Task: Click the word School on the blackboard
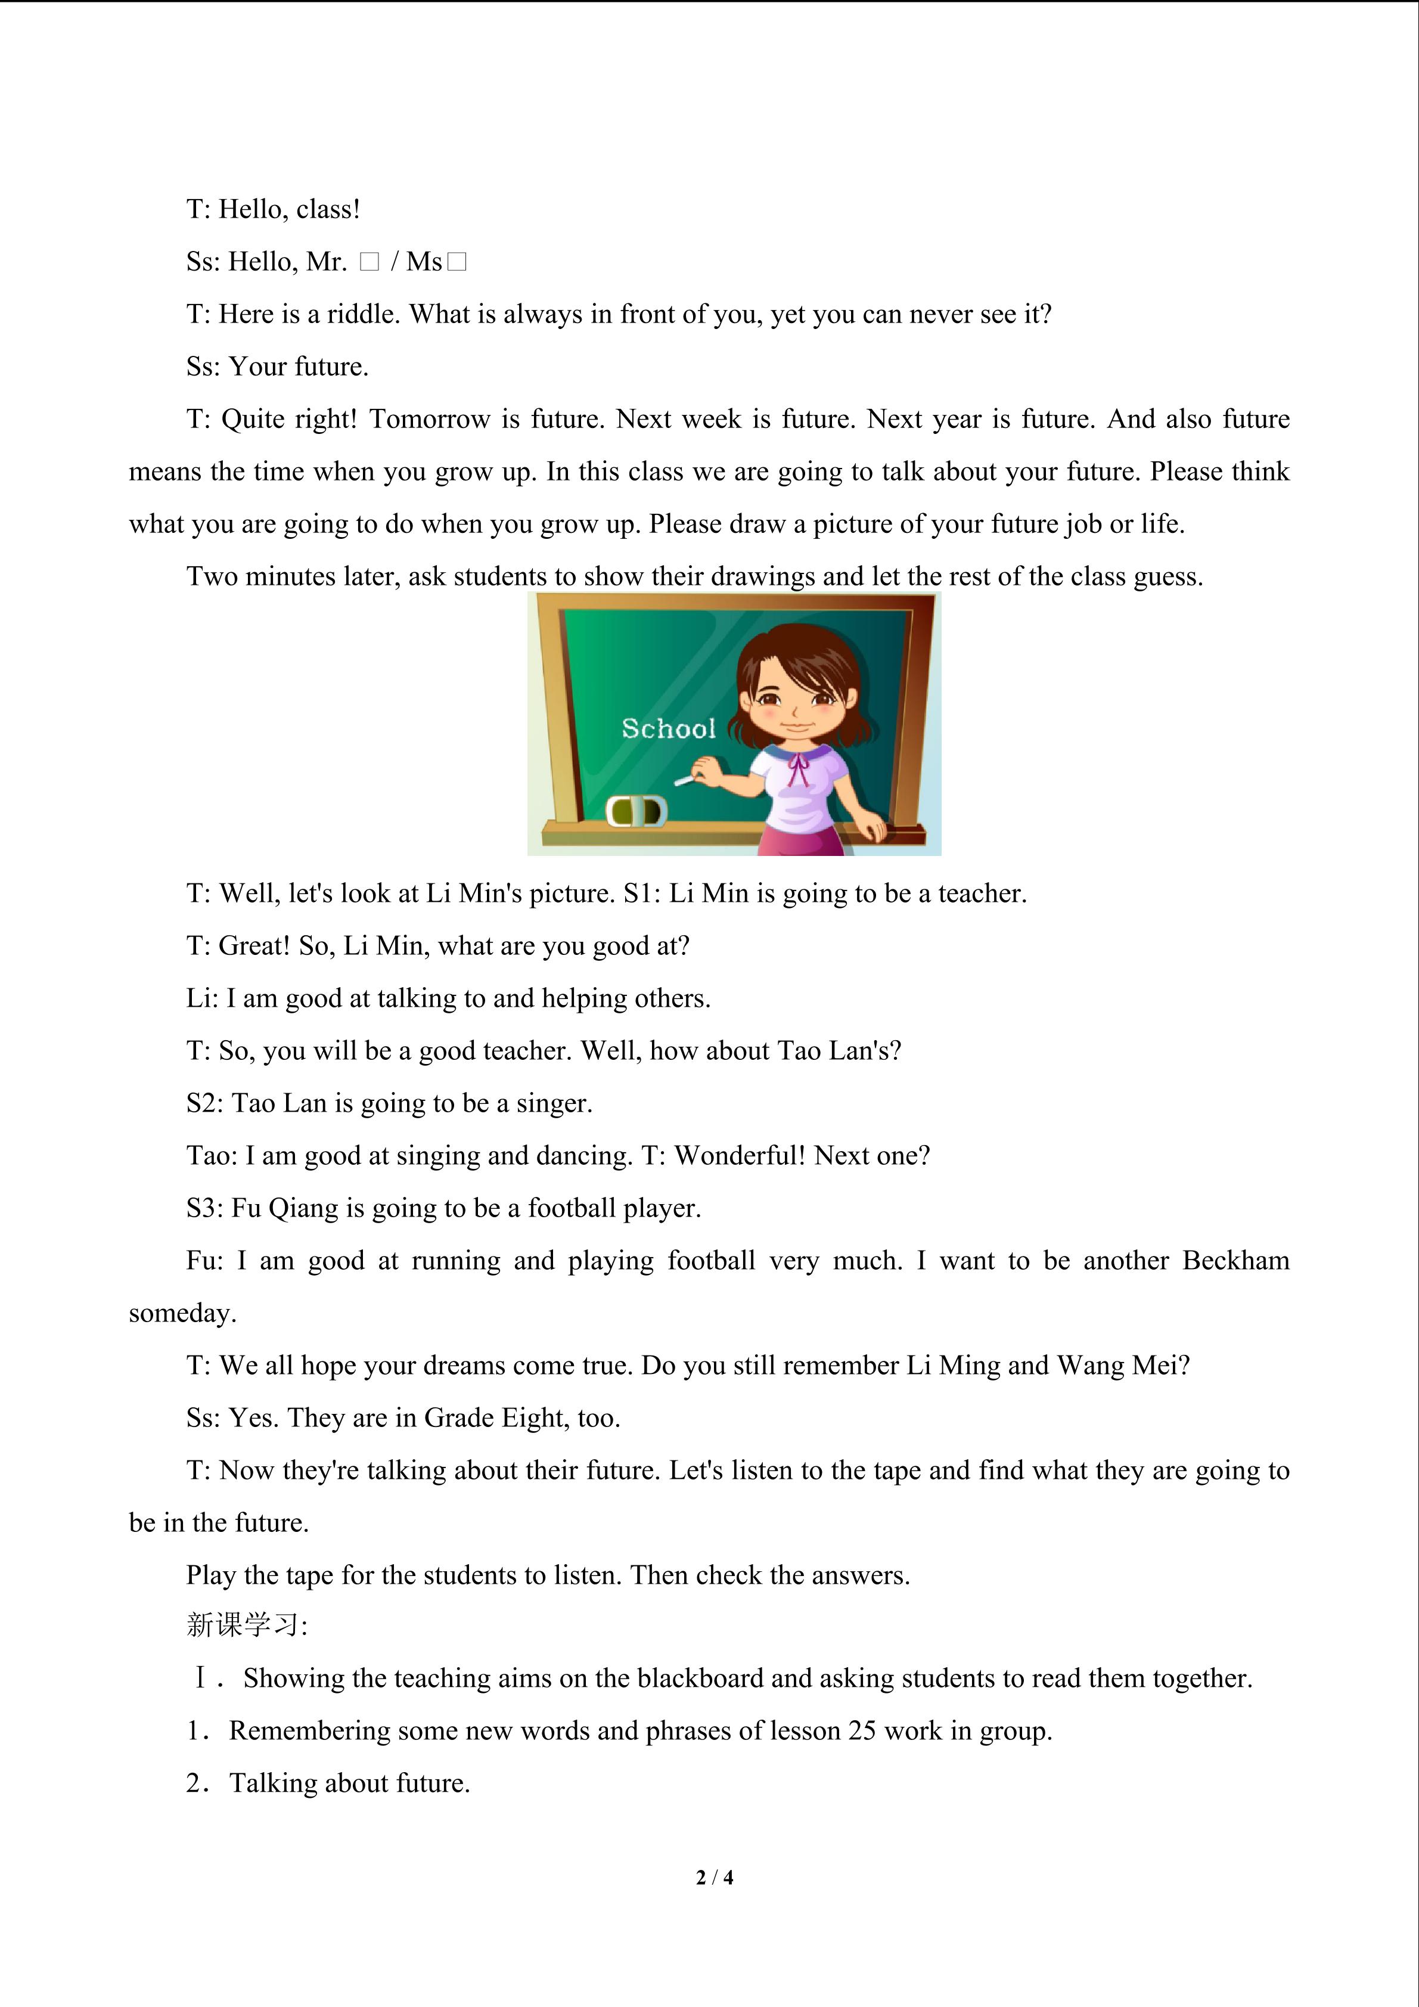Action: (669, 728)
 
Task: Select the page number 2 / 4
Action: (714, 1876)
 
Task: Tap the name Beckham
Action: (1235, 1261)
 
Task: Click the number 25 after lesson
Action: (862, 1731)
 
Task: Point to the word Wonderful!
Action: (740, 1156)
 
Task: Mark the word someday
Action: (182, 1313)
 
